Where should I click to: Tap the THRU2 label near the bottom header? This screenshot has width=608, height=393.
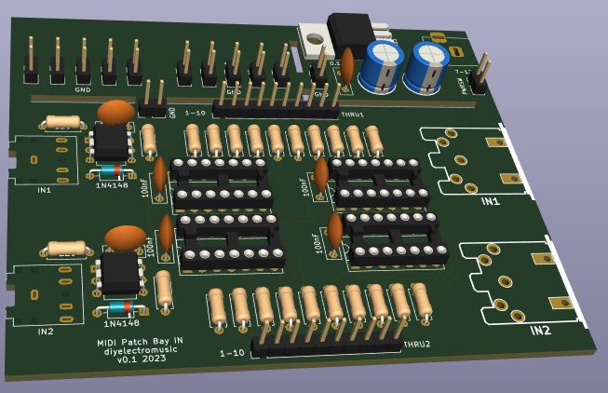click(x=417, y=344)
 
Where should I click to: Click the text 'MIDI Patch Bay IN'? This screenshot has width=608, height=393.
click(x=141, y=343)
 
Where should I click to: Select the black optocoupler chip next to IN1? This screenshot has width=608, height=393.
click(x=111, y=142)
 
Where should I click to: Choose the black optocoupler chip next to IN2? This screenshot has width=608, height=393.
click(x=120, y=272)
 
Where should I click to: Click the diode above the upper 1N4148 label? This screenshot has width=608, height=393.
click(x=110, y=171)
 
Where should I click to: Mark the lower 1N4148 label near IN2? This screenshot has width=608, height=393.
click(x=121, y=323)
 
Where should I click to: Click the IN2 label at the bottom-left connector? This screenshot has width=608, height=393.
click(x=46, y=331)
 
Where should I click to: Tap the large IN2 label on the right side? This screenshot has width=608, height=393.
click(x=541, y=330)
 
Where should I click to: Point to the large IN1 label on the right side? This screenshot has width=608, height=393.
click(x=491, y=201)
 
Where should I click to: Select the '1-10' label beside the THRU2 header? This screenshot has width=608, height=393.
click(x=232, y=353)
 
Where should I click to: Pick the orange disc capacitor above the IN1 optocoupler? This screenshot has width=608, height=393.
click(x=115, y=113)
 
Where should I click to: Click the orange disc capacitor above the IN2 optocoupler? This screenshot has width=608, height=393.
click(x=125, y=237)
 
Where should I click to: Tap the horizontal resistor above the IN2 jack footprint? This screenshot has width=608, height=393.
click(x=66, y=249)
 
